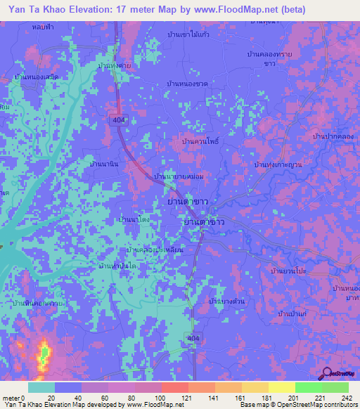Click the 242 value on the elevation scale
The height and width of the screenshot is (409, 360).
[x=345, y=398]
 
